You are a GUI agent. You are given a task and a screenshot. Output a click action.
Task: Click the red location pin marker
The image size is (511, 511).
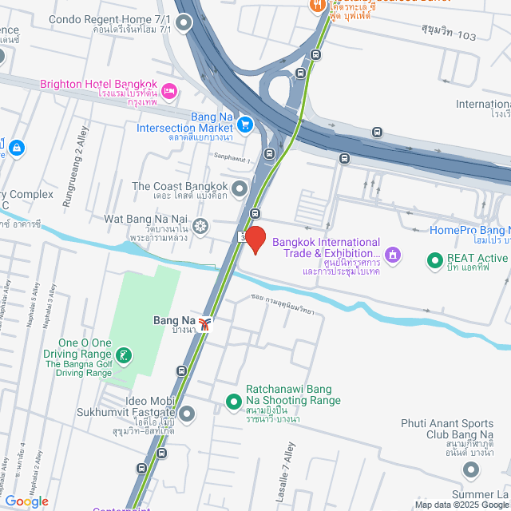pos(255,240)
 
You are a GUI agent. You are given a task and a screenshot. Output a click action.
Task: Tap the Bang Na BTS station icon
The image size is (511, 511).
pos(206,323)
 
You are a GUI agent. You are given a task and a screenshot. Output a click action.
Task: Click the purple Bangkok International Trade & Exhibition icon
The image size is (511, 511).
pos(392,255)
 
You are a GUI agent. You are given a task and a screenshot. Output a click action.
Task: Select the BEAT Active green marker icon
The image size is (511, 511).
pos(435,259)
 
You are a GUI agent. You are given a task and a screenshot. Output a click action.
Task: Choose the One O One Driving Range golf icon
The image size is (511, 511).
pos(123,355)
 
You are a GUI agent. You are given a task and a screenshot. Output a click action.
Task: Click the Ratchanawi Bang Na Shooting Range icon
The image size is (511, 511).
pos(234,401)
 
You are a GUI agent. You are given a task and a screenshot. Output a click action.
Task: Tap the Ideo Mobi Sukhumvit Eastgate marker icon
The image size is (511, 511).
pos(187,413)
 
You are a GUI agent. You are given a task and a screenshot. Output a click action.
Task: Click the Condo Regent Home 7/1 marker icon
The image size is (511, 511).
pos(185,24)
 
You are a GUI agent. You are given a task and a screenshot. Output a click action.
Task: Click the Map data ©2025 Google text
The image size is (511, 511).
pos(461,505)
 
